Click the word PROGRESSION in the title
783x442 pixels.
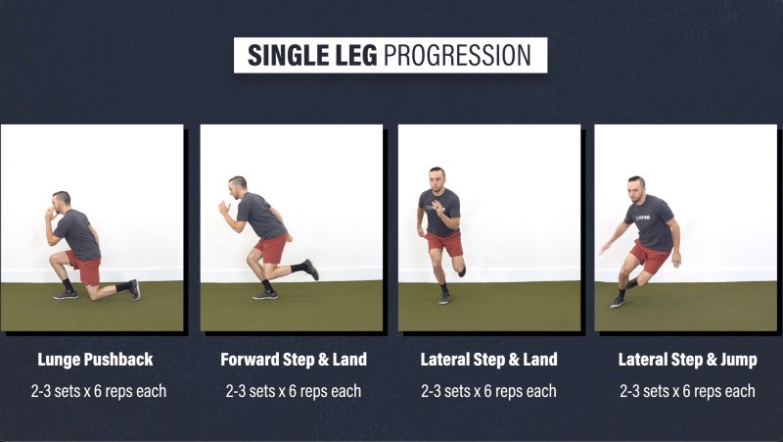457,56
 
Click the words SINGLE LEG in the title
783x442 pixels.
312,56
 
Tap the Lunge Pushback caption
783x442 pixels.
95,360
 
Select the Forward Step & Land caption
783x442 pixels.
294,360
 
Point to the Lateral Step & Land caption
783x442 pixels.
488,360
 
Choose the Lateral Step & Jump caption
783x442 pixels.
688,360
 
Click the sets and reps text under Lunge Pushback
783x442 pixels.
99,391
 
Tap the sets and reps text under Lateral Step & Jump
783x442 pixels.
687,391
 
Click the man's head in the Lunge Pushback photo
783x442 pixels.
61,201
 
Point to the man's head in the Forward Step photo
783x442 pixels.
237,187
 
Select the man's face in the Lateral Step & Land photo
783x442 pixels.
437,179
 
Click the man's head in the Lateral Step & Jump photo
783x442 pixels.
635,189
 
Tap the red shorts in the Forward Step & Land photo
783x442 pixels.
272,248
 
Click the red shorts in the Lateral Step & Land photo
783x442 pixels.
444,243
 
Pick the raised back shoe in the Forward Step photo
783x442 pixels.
311,270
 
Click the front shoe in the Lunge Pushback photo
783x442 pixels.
66,295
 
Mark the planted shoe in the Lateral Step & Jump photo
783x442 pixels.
618,303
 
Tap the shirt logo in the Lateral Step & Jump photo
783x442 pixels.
643,218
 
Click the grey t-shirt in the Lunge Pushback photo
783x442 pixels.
78,234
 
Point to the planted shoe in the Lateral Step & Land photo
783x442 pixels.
444,298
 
